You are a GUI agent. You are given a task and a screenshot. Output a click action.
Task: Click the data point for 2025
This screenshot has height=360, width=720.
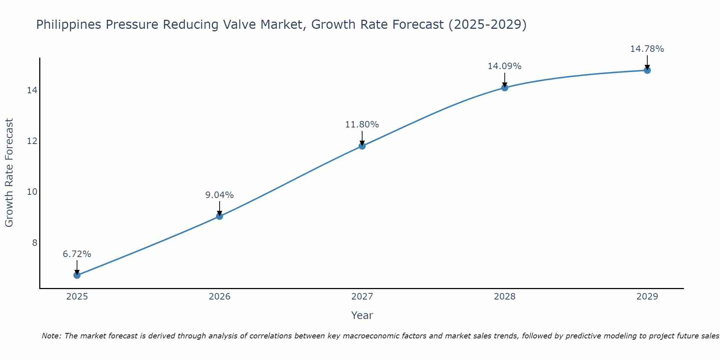77,275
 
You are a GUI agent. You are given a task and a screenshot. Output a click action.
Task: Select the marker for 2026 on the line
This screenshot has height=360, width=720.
220,216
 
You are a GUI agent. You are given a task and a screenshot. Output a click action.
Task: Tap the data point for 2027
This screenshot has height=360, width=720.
362,146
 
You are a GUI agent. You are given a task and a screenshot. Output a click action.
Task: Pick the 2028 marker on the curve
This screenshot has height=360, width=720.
505,87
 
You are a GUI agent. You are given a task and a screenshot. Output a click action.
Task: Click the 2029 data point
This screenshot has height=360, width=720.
647,70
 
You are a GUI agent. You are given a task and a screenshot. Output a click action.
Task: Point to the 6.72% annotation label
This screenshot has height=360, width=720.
77,254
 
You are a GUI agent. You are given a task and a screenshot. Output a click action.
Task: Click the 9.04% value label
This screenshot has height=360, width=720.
220,195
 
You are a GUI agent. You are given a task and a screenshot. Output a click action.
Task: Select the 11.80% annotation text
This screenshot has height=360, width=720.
362,125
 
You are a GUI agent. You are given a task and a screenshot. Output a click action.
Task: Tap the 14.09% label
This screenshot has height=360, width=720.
505,66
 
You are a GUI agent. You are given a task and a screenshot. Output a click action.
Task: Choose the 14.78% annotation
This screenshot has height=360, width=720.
647,49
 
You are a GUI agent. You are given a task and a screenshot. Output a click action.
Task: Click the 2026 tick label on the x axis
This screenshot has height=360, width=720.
220,297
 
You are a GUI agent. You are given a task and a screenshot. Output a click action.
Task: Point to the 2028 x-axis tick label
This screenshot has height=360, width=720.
505,297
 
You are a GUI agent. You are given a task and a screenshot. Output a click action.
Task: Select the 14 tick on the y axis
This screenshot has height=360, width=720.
32,90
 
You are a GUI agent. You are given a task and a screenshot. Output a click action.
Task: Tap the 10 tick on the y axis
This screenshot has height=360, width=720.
32,192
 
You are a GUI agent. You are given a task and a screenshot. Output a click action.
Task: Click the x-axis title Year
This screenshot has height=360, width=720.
362,315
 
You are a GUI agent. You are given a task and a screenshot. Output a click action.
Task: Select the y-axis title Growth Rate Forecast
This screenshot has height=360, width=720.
9,173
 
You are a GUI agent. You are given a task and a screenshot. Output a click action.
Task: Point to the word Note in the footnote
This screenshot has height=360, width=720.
51,336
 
